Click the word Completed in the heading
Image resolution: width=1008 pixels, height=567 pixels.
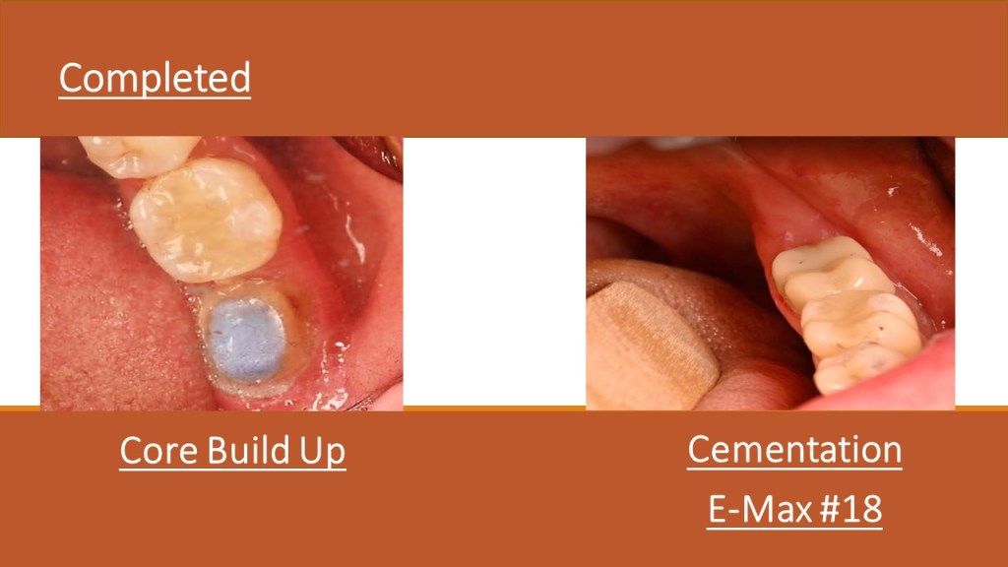click(155, 79)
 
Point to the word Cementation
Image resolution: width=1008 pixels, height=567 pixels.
click(794, 449)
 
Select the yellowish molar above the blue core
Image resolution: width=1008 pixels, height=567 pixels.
click(206, 220)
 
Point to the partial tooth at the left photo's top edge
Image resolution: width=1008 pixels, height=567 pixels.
click(138, 156)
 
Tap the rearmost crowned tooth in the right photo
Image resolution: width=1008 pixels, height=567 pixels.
click(823, 270)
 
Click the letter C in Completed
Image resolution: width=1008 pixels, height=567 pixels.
click(71, 79)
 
